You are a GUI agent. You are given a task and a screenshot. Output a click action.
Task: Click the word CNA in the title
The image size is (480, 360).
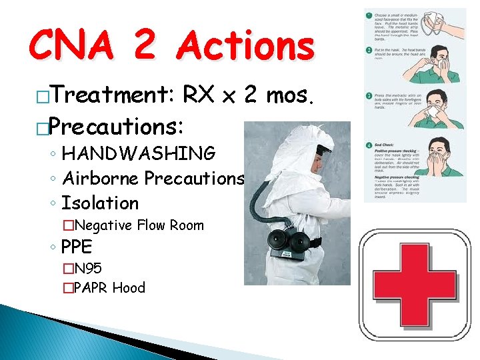point(74,48)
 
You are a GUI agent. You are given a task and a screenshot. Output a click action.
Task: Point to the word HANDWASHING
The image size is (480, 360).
point(139,154)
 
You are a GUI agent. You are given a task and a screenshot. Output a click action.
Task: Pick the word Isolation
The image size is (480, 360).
point(100,203)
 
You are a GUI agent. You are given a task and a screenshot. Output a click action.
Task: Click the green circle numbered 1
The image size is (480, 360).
point(367,14)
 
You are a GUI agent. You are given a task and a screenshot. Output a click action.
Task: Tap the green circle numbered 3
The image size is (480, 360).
point(367,97)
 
